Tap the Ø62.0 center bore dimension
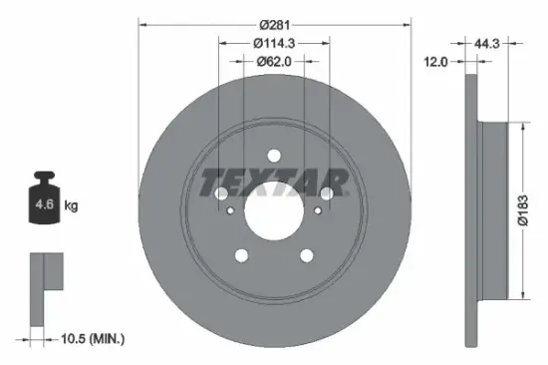point(274,62)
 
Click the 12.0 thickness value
point(435,62)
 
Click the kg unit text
point(71,206)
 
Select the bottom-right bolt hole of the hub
point(307,256)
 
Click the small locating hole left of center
point(230,210)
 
